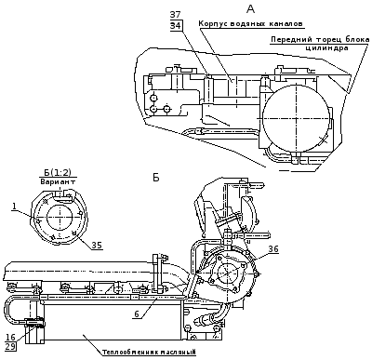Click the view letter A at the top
[x=250, y=9]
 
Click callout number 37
[x=176, y=15]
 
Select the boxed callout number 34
[x=176, y=25]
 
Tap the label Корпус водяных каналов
[x=250, y=23]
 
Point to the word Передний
[x=291, y=40]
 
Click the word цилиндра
[x=326, y=48]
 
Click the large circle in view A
[x=297, y=118]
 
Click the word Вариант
[x=59, y=182]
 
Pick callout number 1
[x=15, y=207]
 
